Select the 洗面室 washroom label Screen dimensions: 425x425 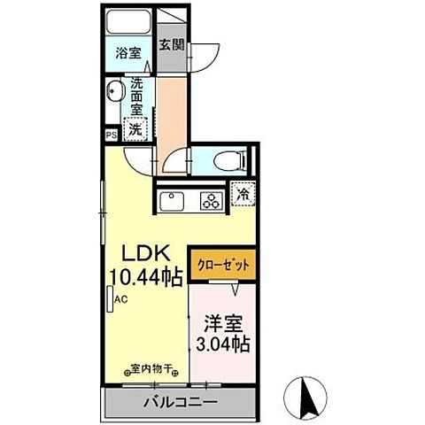point(137,96)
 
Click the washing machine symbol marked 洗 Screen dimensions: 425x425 point(135,129)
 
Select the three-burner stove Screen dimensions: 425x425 point(211,199)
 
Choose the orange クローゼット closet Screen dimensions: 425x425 point(224,264)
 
